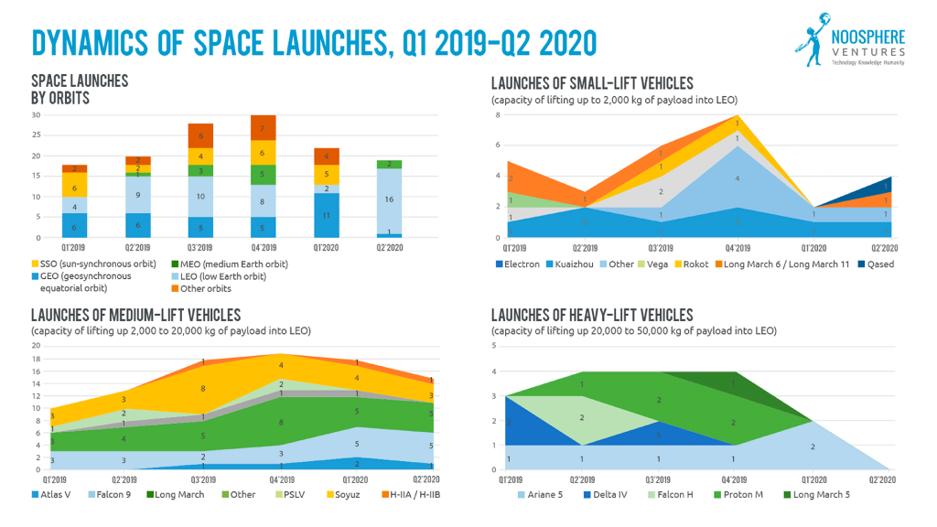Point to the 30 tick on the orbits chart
(x=37, y=115)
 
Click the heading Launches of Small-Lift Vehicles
(x=592, y=83)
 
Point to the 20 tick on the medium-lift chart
(x=37, y=346)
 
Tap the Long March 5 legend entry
(x=817, y=495)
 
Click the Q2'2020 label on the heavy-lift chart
(x=883, y=479)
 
